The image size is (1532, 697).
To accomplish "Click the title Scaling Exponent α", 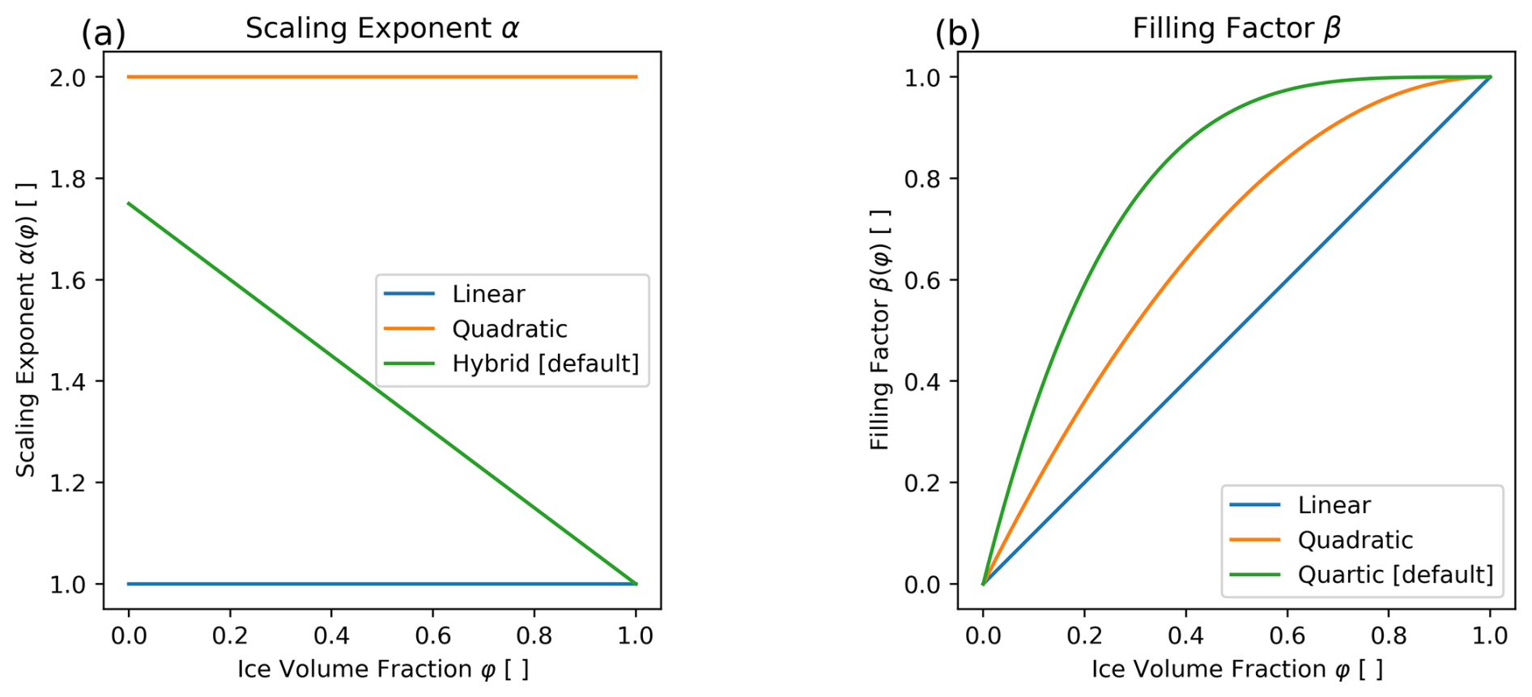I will (381, 29).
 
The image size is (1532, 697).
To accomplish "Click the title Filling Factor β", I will (1236, 29).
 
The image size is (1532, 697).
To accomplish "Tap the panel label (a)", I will (103, 34).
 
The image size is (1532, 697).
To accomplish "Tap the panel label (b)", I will (957, 34).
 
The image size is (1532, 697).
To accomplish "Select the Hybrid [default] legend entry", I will (545, 364).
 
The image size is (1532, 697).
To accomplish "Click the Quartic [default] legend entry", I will (1394, 575).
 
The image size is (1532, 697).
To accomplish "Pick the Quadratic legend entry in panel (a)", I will (509, 329).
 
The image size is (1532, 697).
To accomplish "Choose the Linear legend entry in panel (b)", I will (1334, 505).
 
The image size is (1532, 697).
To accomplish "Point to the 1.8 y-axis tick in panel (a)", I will (68, 179).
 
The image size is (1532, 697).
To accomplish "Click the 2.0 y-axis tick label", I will (68, 78).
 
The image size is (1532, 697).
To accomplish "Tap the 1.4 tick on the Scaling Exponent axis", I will (68, 381).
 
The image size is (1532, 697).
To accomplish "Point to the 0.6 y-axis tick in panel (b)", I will (922, 280).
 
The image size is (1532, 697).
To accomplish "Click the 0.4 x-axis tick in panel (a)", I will (331, 636).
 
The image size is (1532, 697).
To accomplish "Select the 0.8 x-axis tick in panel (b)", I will (1389, 636).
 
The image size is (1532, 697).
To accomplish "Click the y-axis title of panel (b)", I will (880, 329).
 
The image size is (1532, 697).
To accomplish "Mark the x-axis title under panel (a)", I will (382, 669).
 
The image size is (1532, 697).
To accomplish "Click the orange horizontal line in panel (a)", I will (381, 77).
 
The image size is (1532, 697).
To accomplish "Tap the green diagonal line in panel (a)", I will (381, 393).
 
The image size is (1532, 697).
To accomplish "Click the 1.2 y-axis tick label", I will (68, 483).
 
